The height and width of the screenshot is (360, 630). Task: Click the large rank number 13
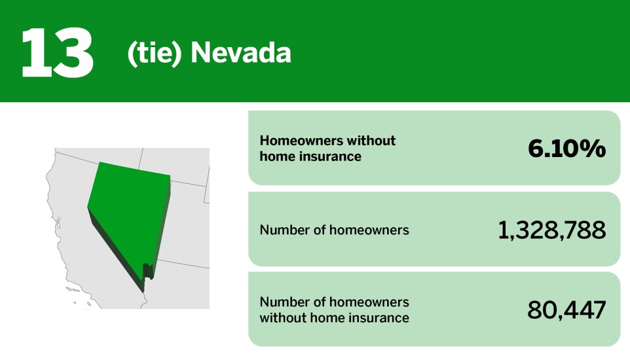(58, 52)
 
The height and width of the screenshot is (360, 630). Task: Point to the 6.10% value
(566, 149)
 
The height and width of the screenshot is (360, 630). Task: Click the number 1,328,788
(551, 230)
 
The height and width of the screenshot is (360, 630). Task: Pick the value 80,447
(566, 310)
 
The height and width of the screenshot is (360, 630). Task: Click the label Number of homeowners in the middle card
(334, 230)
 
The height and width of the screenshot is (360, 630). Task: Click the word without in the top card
(373, 141)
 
